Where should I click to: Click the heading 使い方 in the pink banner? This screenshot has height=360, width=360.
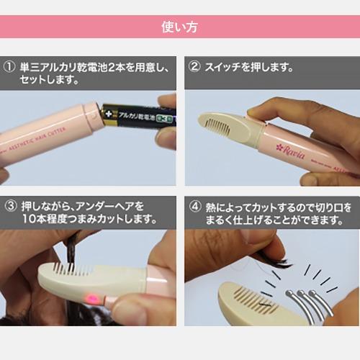[180, 28]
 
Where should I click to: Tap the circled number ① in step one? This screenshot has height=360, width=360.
[10, 68]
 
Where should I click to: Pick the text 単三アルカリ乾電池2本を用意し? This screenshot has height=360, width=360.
[94, 68]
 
